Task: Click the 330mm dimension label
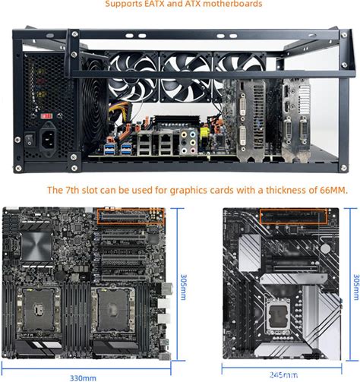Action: [x=83, y=378]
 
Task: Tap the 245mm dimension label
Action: [x=283, y=375]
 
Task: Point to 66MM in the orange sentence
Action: [x=333, y=190]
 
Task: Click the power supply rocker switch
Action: [x=30, y=140]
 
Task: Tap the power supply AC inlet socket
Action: [x=48, y=140]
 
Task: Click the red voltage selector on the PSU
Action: [x=47, y=116]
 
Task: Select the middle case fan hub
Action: [x=186, y=75]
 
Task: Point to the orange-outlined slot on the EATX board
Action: [x=131, y=216]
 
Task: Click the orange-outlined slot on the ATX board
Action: [x=293, y=216]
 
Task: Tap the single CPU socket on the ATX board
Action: [x=277, y=316]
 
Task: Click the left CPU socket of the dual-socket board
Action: [x=39, y=310]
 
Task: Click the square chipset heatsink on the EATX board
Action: [x=37, y=246]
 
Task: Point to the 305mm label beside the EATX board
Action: [x=183, y=286]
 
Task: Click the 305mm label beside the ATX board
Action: [x=356, y=286]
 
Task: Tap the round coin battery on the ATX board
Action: [x=325, y=248]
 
